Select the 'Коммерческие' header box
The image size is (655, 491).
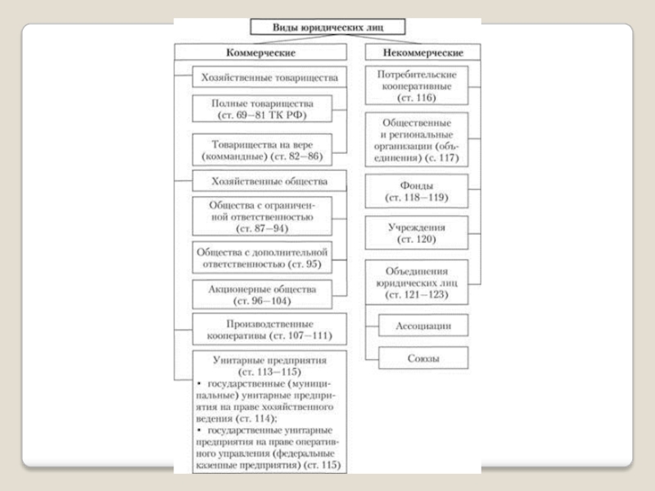click(261, 52)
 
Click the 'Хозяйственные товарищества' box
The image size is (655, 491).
click(269, 78)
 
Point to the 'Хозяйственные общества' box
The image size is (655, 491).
click(269, 180)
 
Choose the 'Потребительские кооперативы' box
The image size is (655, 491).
click(418, 86)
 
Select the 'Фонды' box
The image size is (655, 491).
click(418, 192)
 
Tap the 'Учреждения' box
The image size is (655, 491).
click(418, 233)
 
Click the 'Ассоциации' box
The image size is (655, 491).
click(423, 326)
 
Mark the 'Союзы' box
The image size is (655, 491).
click(423, 358)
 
